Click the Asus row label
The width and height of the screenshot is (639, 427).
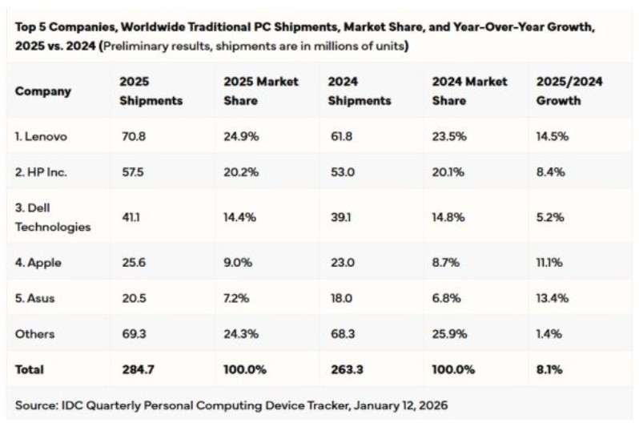point(37,298)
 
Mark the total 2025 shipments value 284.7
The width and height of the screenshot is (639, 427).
point(135,369)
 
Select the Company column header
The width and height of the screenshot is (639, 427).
point(43,91)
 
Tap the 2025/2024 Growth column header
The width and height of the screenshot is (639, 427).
point(569,91)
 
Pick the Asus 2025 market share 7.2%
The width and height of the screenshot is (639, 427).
point(238,298)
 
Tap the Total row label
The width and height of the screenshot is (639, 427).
point(30,369)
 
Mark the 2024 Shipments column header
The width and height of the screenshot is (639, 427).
point(360,91)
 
